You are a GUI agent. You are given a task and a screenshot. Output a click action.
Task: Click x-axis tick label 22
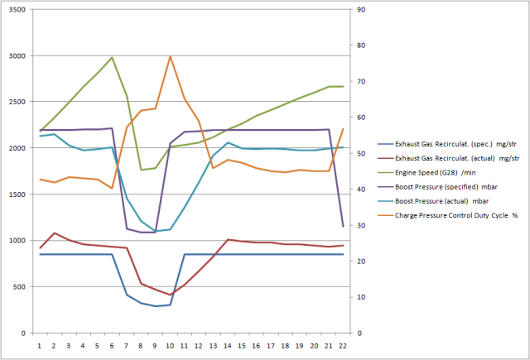point(343,345)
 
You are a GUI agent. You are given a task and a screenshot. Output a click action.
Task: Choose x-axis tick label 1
point(40,345)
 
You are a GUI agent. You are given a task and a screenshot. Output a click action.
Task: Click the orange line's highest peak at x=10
point(170,56)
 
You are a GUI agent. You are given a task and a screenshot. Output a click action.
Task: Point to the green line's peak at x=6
point(112,58)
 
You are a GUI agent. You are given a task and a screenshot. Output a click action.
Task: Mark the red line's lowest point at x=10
point(170,295)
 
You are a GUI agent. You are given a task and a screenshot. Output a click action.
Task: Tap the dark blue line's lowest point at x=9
point(155,306)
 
